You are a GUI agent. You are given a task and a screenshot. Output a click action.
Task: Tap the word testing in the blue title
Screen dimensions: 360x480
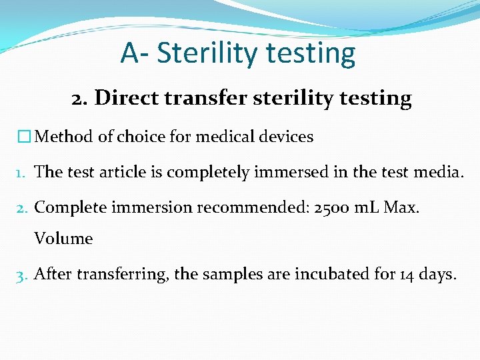[315, 54]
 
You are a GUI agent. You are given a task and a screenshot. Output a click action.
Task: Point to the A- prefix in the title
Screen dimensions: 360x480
[135, 53]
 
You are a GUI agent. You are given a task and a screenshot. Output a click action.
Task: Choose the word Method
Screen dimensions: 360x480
[64, 137]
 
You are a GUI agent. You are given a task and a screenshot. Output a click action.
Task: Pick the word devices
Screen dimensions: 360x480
[287, 137]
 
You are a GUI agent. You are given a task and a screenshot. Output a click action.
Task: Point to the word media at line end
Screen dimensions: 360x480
[437, 172]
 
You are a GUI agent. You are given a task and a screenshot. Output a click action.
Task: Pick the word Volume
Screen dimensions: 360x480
[63, 238]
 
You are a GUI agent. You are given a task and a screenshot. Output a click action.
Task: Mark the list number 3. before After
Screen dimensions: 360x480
[23, 274]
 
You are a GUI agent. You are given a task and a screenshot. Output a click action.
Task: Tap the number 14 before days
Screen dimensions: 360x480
[407, 273]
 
